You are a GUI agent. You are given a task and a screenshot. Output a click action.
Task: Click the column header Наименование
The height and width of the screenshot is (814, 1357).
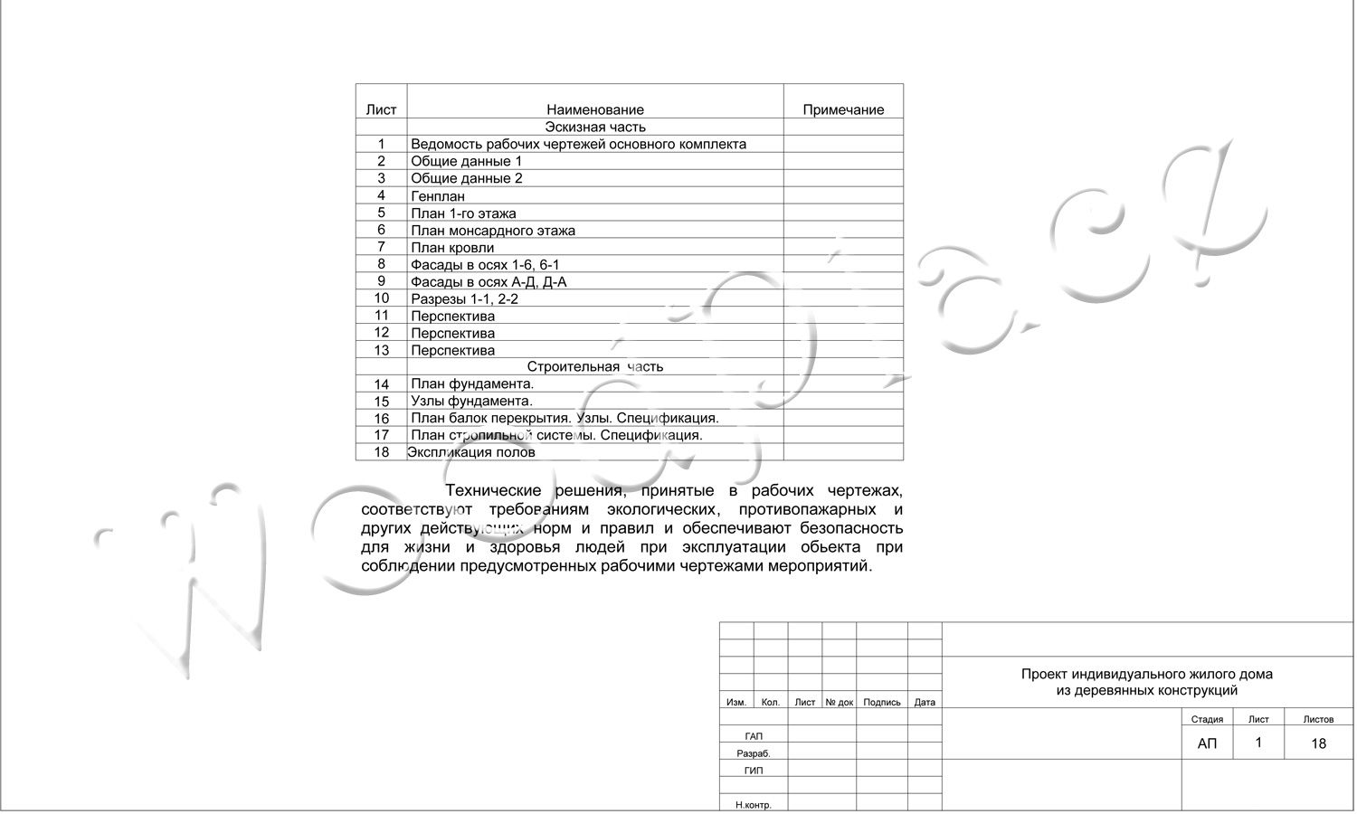point(594,109)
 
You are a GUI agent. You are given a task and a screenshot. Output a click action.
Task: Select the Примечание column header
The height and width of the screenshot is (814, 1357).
point(843,109)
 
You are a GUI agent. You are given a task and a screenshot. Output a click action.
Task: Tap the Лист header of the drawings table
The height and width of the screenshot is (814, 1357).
point(381,109)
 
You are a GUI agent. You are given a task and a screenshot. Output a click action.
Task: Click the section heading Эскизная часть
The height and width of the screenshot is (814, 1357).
point(594,127)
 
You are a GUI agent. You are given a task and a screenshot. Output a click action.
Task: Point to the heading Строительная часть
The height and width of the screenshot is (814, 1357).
point(594,366)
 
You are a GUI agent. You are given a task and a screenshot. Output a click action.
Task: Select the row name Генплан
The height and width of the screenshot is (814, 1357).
point(438,195)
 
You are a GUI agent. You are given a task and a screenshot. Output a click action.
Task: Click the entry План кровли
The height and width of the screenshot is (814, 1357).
point(452,247)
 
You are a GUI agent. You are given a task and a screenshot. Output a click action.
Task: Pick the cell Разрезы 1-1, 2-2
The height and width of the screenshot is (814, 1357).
point(464,298)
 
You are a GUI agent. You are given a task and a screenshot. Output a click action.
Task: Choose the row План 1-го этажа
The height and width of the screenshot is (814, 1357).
point(463,213)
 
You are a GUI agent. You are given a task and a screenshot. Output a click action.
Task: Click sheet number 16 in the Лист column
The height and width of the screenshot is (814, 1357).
point(381,419)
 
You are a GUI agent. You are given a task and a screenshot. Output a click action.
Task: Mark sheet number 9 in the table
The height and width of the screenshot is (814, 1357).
point(381,281)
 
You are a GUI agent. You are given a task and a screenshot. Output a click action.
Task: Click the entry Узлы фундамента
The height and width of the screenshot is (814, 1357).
point(471,401)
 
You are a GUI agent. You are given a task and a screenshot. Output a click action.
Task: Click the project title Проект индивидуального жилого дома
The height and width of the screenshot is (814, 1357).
point(1146,674)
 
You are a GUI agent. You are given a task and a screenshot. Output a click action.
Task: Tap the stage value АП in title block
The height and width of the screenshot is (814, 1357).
point(1207,743)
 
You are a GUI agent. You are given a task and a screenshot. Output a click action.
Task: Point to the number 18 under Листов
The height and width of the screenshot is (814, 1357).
point(1318,743)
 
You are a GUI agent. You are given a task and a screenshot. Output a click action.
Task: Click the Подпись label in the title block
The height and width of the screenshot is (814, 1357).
point(882,702)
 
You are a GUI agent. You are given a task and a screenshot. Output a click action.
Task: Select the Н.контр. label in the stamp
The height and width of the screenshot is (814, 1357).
point(753,805)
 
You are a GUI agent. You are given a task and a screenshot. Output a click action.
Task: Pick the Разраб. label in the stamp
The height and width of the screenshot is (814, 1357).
point(753,753)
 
